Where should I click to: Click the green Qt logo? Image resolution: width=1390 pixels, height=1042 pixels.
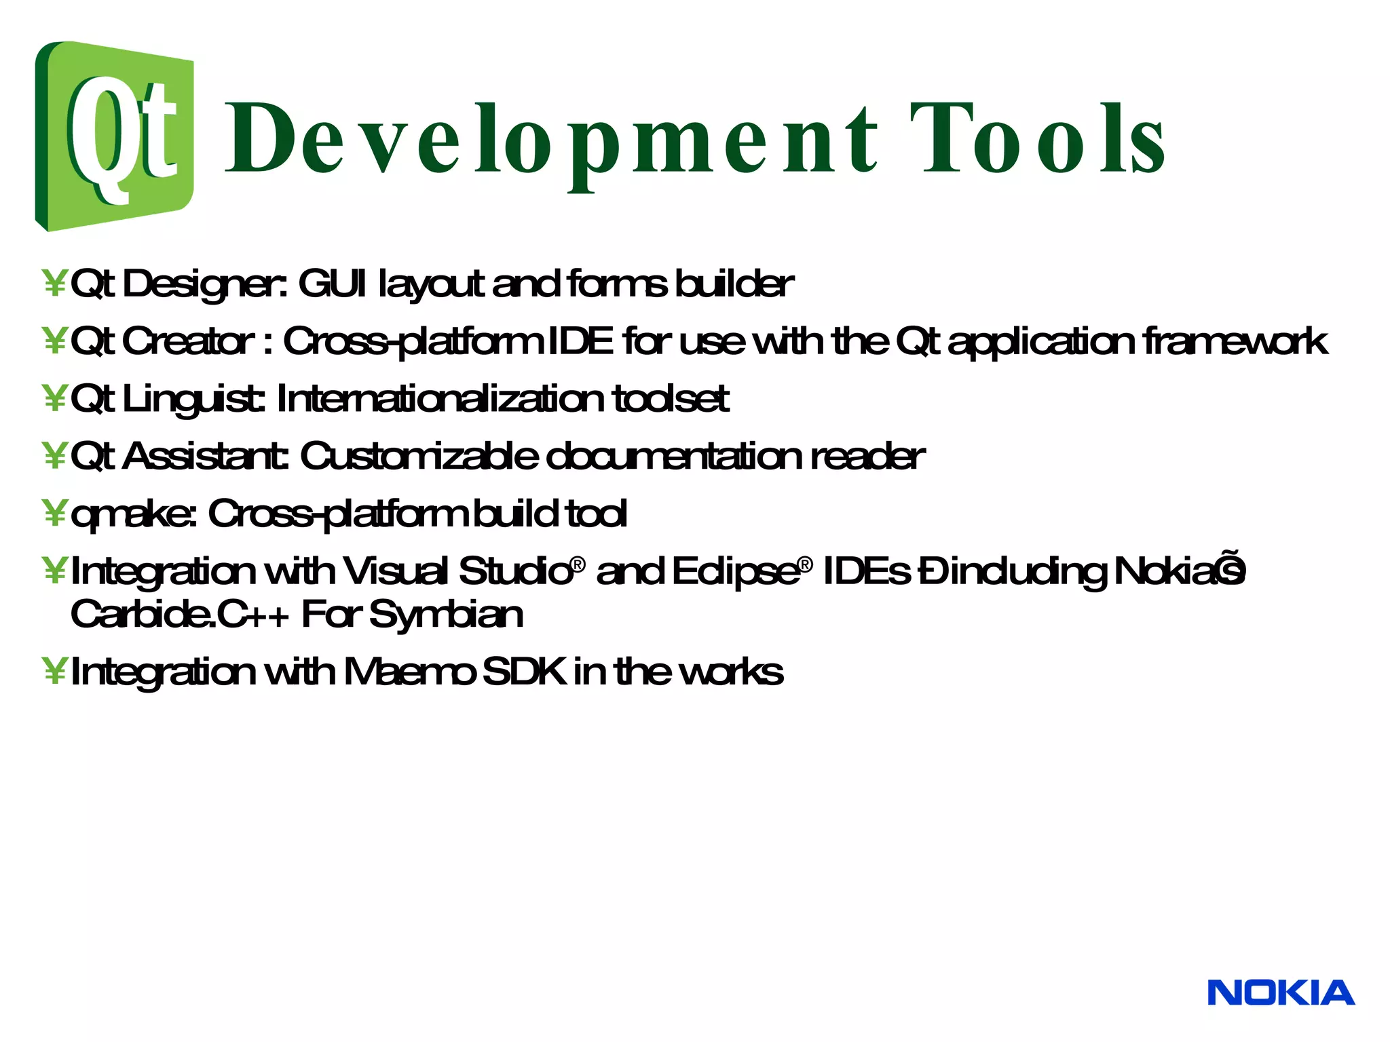[114, 136]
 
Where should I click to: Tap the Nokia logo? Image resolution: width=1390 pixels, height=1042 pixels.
[1280, 993]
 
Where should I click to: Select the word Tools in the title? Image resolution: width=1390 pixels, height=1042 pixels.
[1037, 138]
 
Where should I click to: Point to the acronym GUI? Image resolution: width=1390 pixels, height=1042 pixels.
[332, 284]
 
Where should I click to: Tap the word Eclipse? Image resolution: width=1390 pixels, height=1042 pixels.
[736, 572]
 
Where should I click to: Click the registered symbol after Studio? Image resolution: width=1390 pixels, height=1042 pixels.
[578, 564]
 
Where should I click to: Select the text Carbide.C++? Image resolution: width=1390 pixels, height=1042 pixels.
[180, 615]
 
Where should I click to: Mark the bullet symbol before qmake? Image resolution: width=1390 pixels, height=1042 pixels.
[54, 514]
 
